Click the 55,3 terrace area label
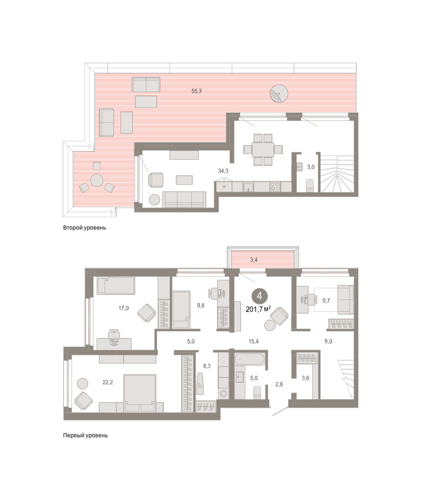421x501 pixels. point(197,91)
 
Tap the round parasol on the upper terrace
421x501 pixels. point(279,94)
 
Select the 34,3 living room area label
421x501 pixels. point(223,171)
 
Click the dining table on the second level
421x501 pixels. point(263,149)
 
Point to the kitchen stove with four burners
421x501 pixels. point(275,187)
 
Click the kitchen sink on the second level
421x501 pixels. point(248,187)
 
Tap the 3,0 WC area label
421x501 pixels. point(311,167)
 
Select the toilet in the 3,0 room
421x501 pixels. point(309,185)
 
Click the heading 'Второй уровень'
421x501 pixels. point(84,228)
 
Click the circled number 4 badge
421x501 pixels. point(259,296)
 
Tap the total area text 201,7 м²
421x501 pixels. point(258,309)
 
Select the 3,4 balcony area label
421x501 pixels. point(254,260)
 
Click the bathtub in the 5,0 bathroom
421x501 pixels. point(250,359)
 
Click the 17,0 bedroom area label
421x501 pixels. point(124,308)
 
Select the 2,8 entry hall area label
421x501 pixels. point(279,385)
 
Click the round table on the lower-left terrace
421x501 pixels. point(97,180)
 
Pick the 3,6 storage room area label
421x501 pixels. point(306,378)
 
